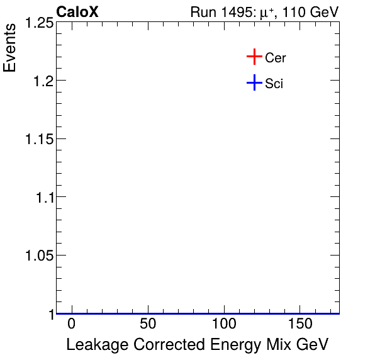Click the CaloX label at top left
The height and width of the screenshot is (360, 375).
click(77, 12)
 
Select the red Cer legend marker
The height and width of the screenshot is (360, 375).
click(254, 57)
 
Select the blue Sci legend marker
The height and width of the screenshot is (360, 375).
click(254, 82)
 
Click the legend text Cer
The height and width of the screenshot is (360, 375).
click(276, 58)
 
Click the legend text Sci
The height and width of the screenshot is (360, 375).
click(274, 83)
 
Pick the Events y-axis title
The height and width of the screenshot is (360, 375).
click(11, 48)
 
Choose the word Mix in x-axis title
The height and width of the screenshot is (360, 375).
click(281, 345)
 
